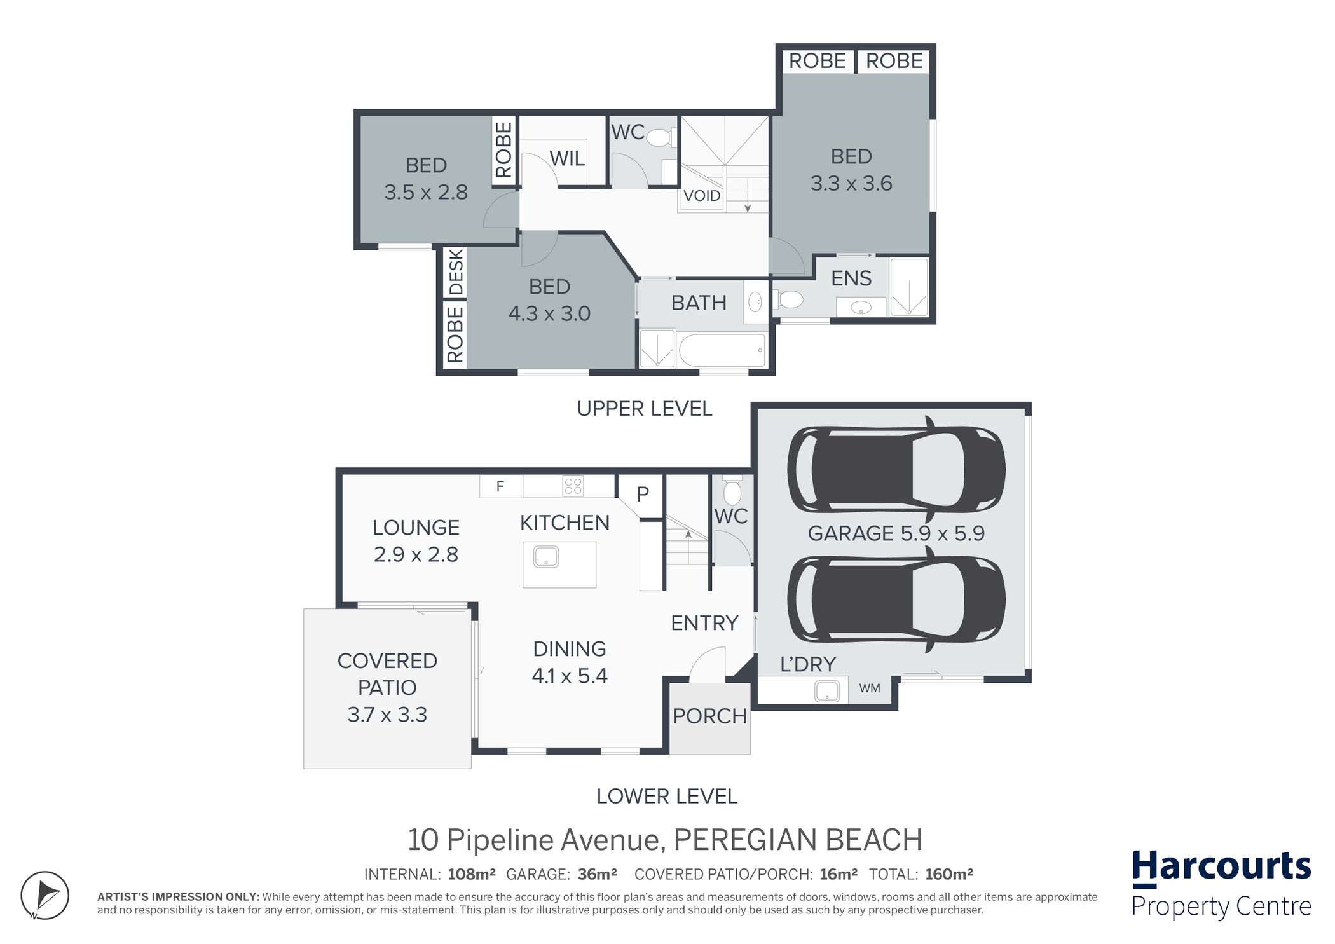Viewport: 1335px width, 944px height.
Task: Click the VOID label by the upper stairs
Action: (702, 196)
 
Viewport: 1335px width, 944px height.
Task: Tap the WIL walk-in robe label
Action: (567, 158)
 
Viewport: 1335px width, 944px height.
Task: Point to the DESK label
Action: (456, 272)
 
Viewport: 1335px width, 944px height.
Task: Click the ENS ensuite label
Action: (851, 278)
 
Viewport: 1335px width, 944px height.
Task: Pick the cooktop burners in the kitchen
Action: (573, 486)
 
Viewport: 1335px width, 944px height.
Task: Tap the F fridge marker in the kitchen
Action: (500, 486)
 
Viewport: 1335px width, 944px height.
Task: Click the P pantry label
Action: (643, 494)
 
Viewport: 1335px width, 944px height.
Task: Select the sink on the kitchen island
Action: (546, 558)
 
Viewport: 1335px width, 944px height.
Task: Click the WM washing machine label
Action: (870, 688)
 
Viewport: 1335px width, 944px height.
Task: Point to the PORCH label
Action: (709, 716)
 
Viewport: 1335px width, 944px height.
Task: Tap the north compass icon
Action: (44, 895)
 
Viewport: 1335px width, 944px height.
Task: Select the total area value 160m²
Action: (949, 875)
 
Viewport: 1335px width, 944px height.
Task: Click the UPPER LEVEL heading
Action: (644, 409)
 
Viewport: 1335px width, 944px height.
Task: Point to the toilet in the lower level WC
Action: (732, 489)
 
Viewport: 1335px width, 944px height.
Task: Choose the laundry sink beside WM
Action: (831, 691)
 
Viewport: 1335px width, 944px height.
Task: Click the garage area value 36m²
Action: (597, 875)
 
